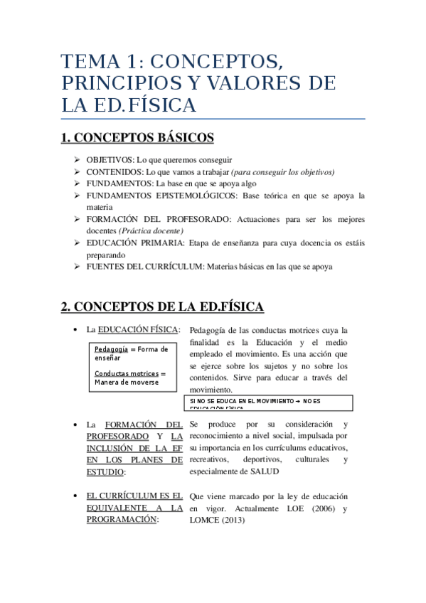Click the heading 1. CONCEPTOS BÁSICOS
pyautogui.click(x=137, y=137)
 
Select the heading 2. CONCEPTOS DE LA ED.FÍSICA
pyautogui.click(x=162, y=306)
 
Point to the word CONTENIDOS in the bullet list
pyautogui.click(x=113, y=172)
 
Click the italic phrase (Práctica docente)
pyautogui.click(x=151, y=230)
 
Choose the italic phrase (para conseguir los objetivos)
pyautogui.click(x=283, y=172)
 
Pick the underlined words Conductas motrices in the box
pyautogui.click(x=126, y=373)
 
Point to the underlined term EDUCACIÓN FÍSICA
pyautogui.click(x=138, y=330)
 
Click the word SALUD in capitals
pyautogui.click(x=264, y=471)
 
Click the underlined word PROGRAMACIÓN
pyautogui.click(x=121, y=520)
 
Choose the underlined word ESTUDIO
pyautogui.click(x=105, y=471)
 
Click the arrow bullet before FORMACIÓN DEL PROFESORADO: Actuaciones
pyautogui.click(x=77, y=219)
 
